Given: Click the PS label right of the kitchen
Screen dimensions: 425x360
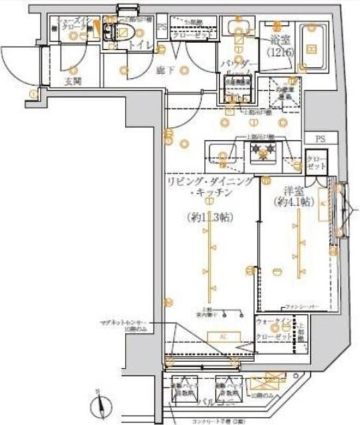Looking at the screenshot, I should [x=321, y=139].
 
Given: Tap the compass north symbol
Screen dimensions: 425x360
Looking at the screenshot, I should [x=96, y=402].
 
